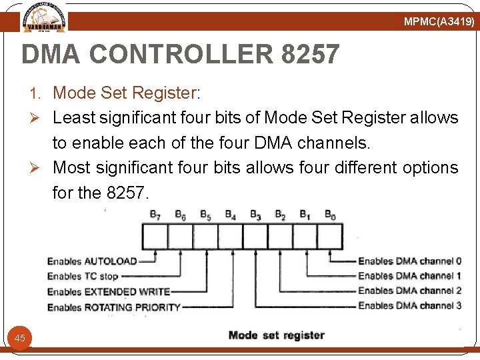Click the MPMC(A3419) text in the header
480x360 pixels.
(x=439, y=22)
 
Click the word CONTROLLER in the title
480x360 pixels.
(x=181, y=55)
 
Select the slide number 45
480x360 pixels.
(x=20, y=338)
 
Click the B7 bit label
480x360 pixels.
(x=155, y=215)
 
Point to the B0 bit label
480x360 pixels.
(x=330, y=215)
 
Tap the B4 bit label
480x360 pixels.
(x=230, y=215)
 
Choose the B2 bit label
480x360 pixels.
(x=280, y=215)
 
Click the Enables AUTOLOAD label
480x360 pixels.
(x=92, y=261)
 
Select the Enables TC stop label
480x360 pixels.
(x=83, y=276)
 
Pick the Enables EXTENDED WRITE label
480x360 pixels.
(x=109, y=291)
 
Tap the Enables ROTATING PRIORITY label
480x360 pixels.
(x=114, y=307)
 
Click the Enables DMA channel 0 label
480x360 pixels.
(x=409, y=261)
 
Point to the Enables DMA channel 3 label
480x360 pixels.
(x=409, y=306)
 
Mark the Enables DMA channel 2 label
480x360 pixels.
(x=409, y=291)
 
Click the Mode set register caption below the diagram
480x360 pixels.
(x=276, y=335)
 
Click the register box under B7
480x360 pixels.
(x=155, y=237)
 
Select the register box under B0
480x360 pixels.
(x=330, y=237)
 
